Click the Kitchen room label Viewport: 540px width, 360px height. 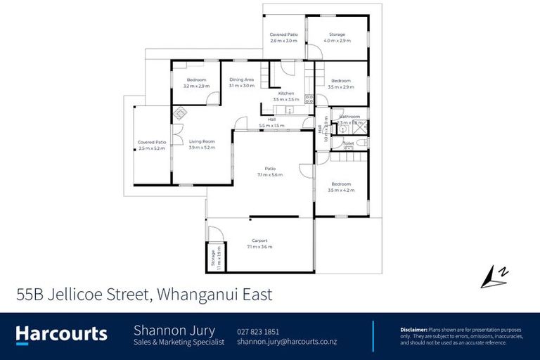(x=285, y=94)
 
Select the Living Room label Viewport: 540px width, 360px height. (x=202, y=141)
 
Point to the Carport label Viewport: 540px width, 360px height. (x=259, y=240)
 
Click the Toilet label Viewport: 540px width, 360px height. (x=348, y=144)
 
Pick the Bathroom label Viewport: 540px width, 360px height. (x=349, y=117)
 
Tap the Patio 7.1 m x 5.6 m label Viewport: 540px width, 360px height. (x=270, y=169)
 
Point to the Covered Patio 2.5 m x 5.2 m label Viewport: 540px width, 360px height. (x=151, y=143)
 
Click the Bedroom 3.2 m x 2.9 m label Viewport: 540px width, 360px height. (x=197, y=79)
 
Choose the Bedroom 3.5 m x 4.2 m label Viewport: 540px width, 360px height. (x=341, y=184)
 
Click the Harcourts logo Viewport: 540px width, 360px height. (x=62, y=333)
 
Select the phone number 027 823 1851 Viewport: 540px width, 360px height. (x=258, y=331)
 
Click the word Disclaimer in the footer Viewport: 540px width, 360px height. (x=413, y=329)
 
